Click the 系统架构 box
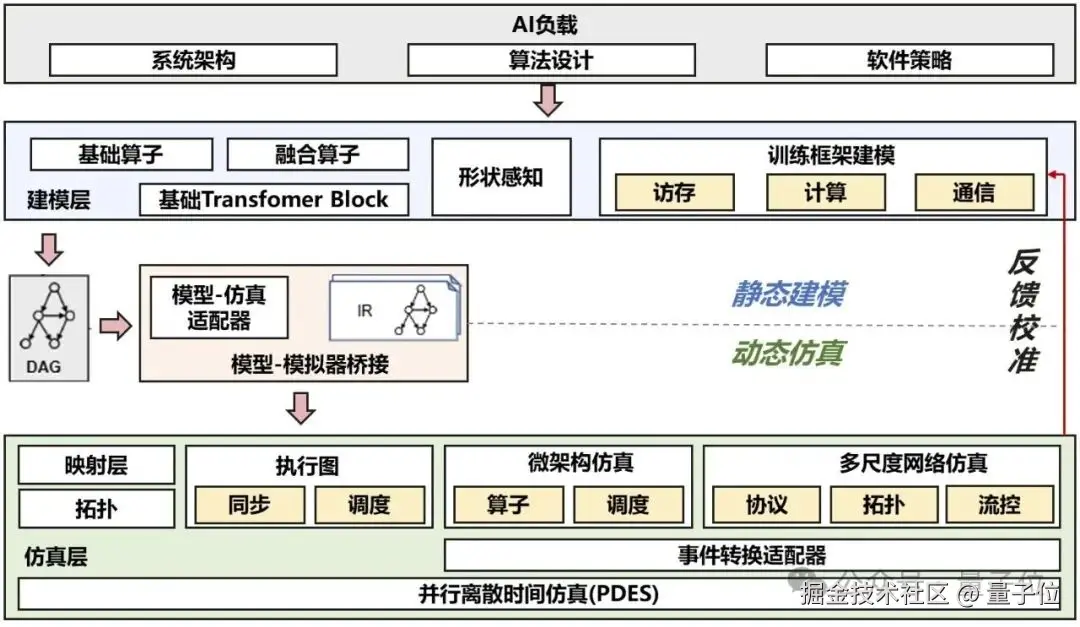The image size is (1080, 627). pyautogui.click(x=193, y=60)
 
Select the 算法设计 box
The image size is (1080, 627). pyautogui.click(x=551, y=60)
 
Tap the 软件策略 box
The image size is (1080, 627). pyautogui.click(x=909, y=60)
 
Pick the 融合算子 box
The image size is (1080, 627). pyautogui.click(x=317, y=155)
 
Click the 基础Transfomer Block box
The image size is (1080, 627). pyautogui.click(x=274, y=199)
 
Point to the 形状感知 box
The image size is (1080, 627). pyautogui.click(x=501, y=177)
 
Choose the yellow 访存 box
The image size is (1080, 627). pyautogui.click(x=674, y=192)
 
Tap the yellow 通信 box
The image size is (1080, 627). pyautogui.click(x=974, y=192)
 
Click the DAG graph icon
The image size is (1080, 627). pyautogui.click(x=49, y=315)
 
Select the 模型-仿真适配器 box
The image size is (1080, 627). pyautogui.click(x=219, y=307)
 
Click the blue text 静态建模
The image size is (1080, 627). pyautogui.click(x=788, y=294)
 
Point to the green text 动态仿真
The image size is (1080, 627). pyautogui.click(x=788, y=352)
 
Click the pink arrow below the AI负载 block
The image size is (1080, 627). pyautogui.click(x=549, y=100)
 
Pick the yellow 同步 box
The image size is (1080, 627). pyautogui.click(x=249, y=505)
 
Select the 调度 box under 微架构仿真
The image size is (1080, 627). pyautogui.click(x=628, y=505)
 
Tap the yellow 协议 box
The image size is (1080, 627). pyautogui.click(x=767, y=505)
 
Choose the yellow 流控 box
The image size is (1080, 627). pyautogui.click(x=1000, y=505)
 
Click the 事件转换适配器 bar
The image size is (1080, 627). pyautogui.click(x=751, y=555)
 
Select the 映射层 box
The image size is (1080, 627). pyautogui.click(x=96, y=465)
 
